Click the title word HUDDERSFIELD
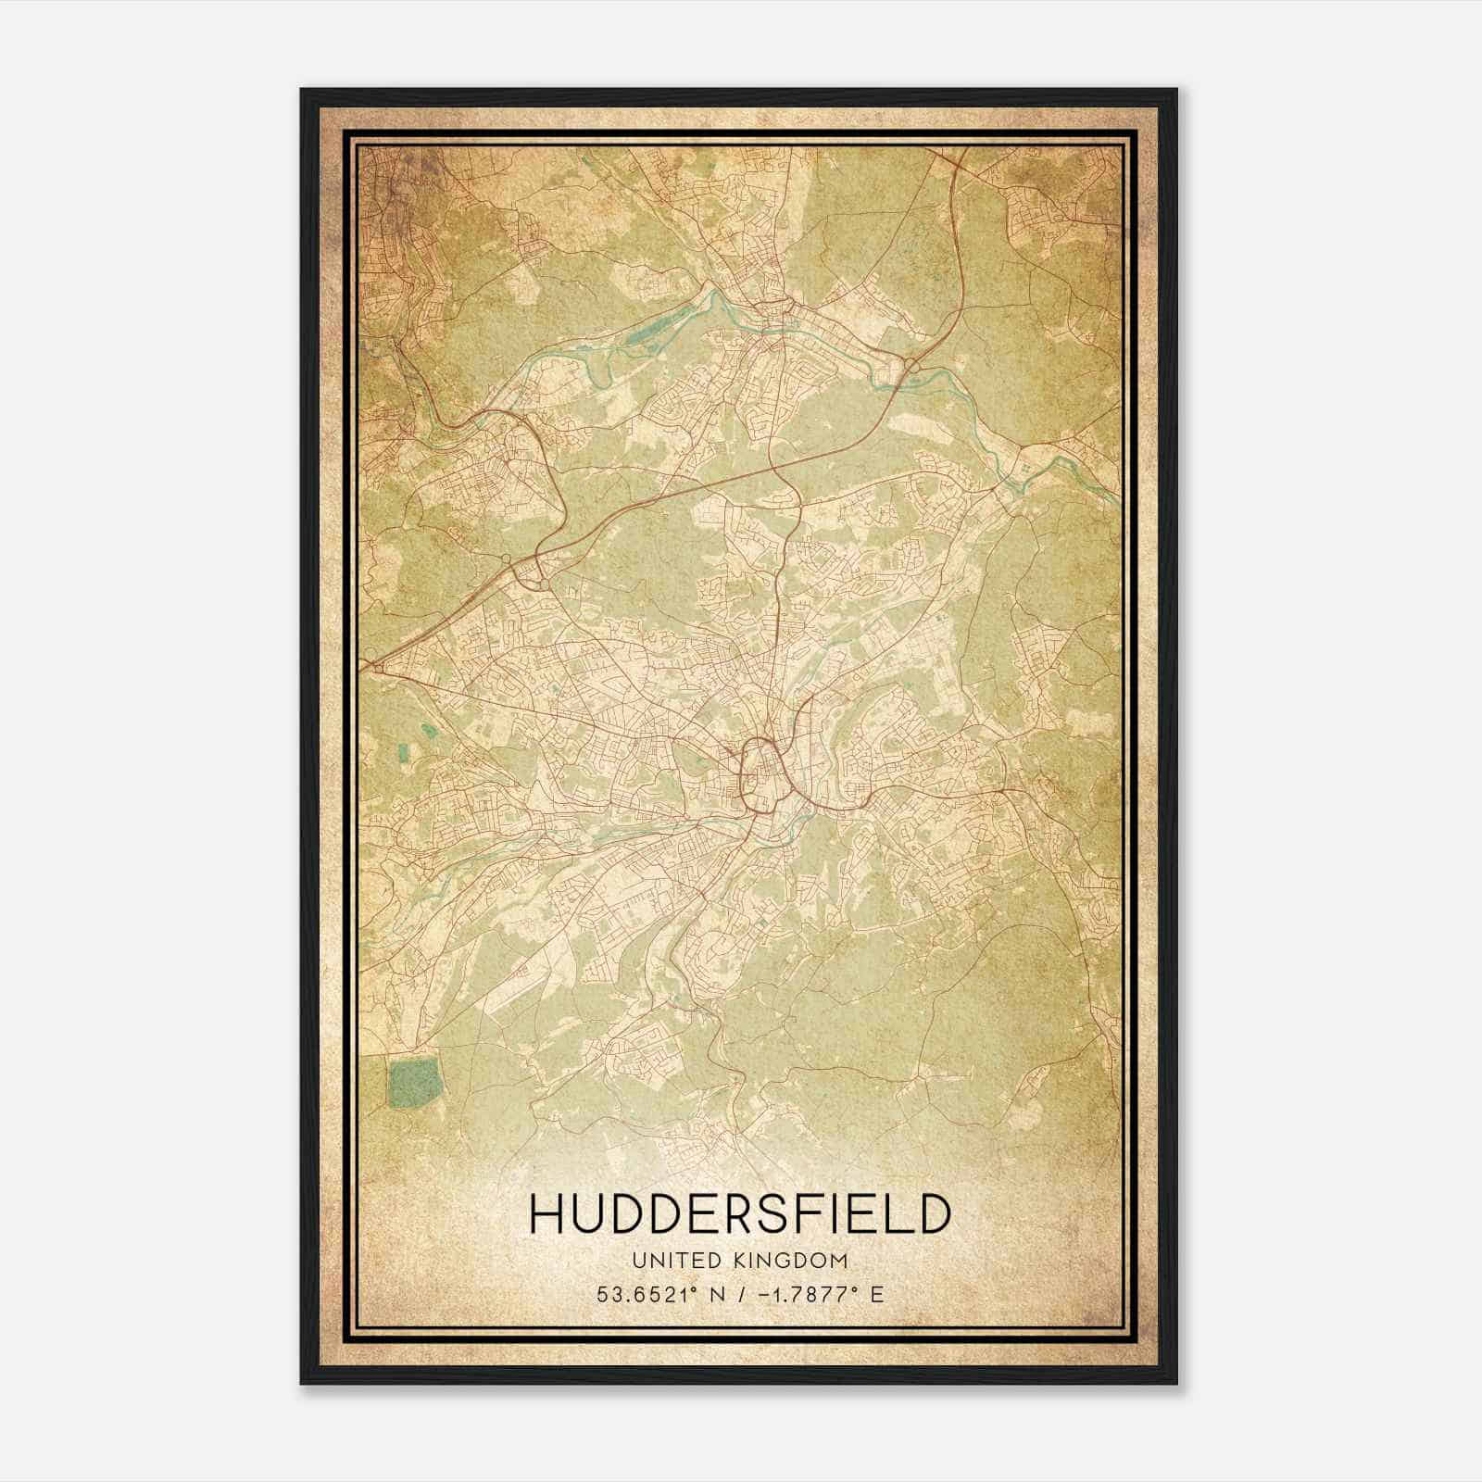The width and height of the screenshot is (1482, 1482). pos(740,1213)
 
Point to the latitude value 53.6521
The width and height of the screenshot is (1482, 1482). pos(644,1295)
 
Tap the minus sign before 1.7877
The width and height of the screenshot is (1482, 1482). pos(765,1295)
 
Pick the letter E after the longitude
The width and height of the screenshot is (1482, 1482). pos(877,1295)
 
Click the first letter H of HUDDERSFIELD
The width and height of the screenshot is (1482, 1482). pos(546,1213)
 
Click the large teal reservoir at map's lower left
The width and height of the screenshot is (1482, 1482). pos(413,1085)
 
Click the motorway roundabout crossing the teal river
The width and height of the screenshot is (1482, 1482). pos(912,369)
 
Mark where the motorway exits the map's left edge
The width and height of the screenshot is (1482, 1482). pos(363,663)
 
